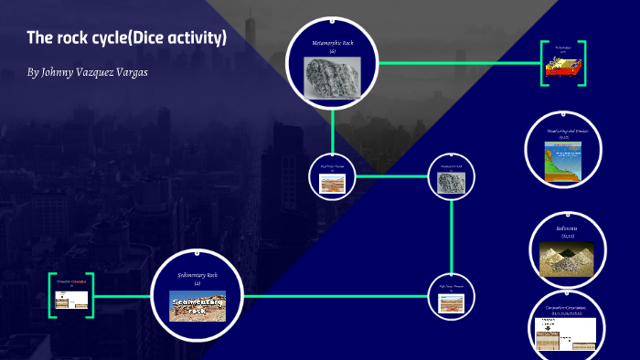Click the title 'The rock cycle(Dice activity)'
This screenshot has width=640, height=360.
point(127,37)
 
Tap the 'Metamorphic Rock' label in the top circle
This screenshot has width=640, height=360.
point(333,42)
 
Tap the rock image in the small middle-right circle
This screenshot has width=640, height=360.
point(452,183)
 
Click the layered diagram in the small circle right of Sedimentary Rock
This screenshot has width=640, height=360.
point(452,304)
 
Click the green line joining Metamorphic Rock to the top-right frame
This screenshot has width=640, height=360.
point(457,63)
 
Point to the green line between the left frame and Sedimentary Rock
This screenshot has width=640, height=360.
point(123,296)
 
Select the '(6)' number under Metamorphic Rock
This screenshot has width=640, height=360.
point(333,51)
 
